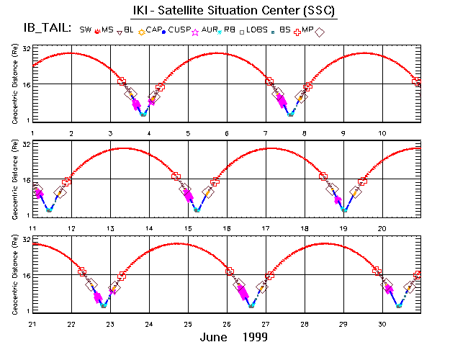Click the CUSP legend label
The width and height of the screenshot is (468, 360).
click(x=180, y=30)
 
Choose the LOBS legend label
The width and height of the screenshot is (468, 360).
click(x=256, y=30)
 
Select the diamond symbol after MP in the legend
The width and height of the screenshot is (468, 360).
click(x=320, y=31)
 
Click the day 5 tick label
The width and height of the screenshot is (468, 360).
click(x=188, y=134)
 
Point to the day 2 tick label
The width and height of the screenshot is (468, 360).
click(x=71, y=134)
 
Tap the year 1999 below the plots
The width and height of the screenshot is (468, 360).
click(x=255, y=337)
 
